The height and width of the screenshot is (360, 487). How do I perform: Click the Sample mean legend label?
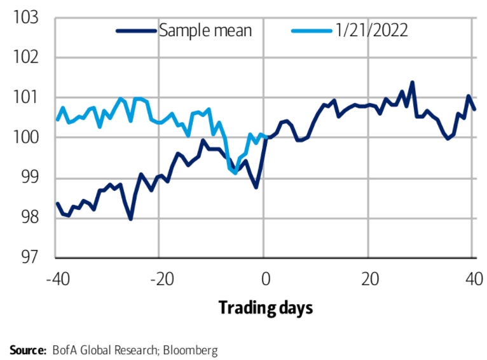click(x=205, y=30)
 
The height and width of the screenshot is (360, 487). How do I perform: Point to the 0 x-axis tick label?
click(x=266, y=278)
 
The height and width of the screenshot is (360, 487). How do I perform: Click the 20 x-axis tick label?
click(x=369, y=278)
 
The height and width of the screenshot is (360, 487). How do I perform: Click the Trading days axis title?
click(x=266, y=308)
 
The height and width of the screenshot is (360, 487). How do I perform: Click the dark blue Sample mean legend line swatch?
click(x=136, y=30)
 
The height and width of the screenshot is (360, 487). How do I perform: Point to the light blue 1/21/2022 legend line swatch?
click(x=311, y=30)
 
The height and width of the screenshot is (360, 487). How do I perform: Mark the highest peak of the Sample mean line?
click(x=412, y=82)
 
